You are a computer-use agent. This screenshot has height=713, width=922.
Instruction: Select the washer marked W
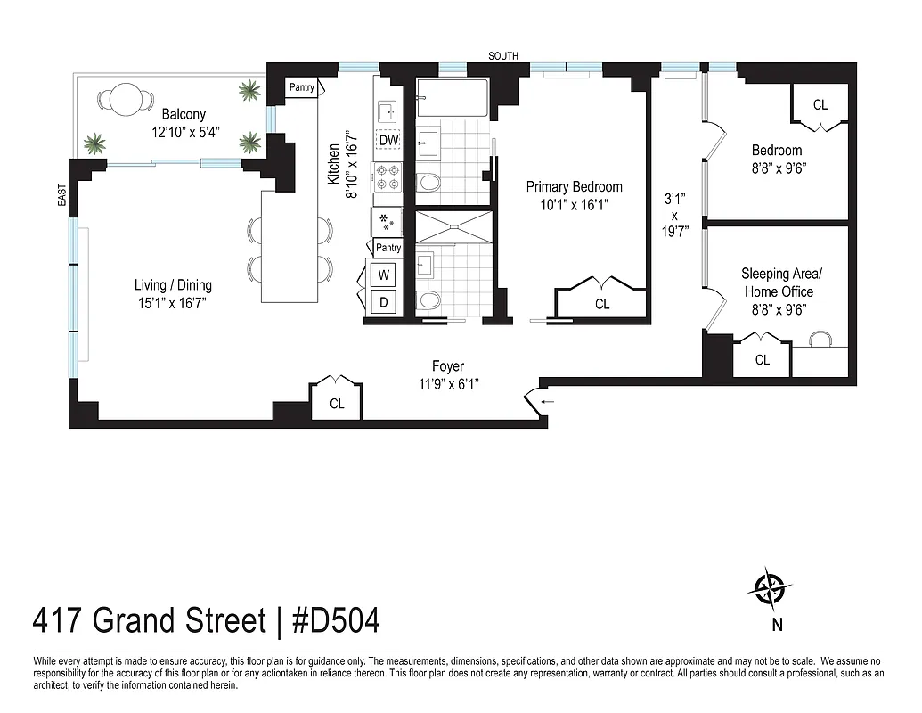point(384,274)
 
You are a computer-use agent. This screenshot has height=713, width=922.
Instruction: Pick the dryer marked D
point(384,302)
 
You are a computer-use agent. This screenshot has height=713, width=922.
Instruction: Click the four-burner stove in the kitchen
point(388,176)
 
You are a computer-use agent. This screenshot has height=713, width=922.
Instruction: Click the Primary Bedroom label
point(574,187)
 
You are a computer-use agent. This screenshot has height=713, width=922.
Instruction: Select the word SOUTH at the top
point(503,56)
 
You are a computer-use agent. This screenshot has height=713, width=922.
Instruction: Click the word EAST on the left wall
point(61,196)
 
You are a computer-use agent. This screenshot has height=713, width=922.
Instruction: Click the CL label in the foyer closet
point(337,404)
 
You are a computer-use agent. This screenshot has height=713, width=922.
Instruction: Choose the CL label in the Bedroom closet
point(820,105)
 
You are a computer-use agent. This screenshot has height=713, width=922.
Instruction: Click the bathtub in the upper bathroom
point(453,98)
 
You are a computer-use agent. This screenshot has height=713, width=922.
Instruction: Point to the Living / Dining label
point(173,285)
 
